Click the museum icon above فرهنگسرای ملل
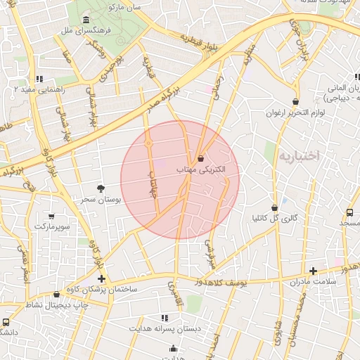pyautogui.click(x=86, y=19)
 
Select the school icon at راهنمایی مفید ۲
pyautogui.click(x=39, y=79)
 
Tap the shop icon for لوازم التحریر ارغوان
pyautogui.click(x=295, y=101)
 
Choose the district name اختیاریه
pyautogui.click(x=298, y=155)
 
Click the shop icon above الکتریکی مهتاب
pyautogui.click(x=201, y=158)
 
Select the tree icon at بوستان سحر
pyautogui.click(x=101, y=188)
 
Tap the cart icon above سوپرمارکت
pyautogui.click(x=51, y=216)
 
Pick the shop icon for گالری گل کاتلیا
pyautogui.click(x=274, y=207)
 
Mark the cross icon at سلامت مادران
pyautogui.click(x=313, y=271)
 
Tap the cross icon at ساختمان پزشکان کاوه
pyautogui.click(x=101, y=278)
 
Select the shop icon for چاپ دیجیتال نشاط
pyautogui.click(x=56, y=294)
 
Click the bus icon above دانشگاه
pyautogui.click(x=6, y=321)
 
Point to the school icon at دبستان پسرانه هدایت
pyautogui.click(x=165, y=318)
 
